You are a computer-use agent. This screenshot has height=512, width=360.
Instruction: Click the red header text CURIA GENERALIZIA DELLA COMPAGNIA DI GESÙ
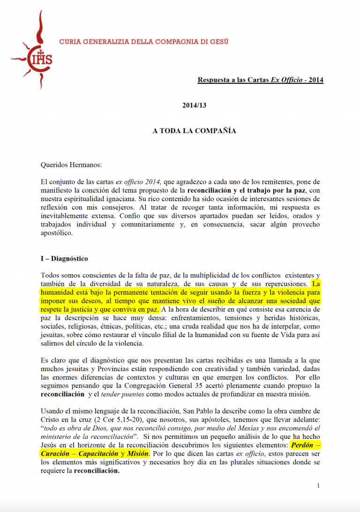[144, 42]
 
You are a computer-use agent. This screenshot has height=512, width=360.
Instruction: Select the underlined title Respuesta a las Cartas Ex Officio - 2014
[260, 80]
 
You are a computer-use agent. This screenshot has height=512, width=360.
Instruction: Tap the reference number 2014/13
[194, 105]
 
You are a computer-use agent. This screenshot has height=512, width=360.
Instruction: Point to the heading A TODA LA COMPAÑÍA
[194, 131]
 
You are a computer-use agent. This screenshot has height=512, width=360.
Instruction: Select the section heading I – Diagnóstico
[64, 259]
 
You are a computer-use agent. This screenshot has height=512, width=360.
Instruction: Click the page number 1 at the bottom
[318, 485]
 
